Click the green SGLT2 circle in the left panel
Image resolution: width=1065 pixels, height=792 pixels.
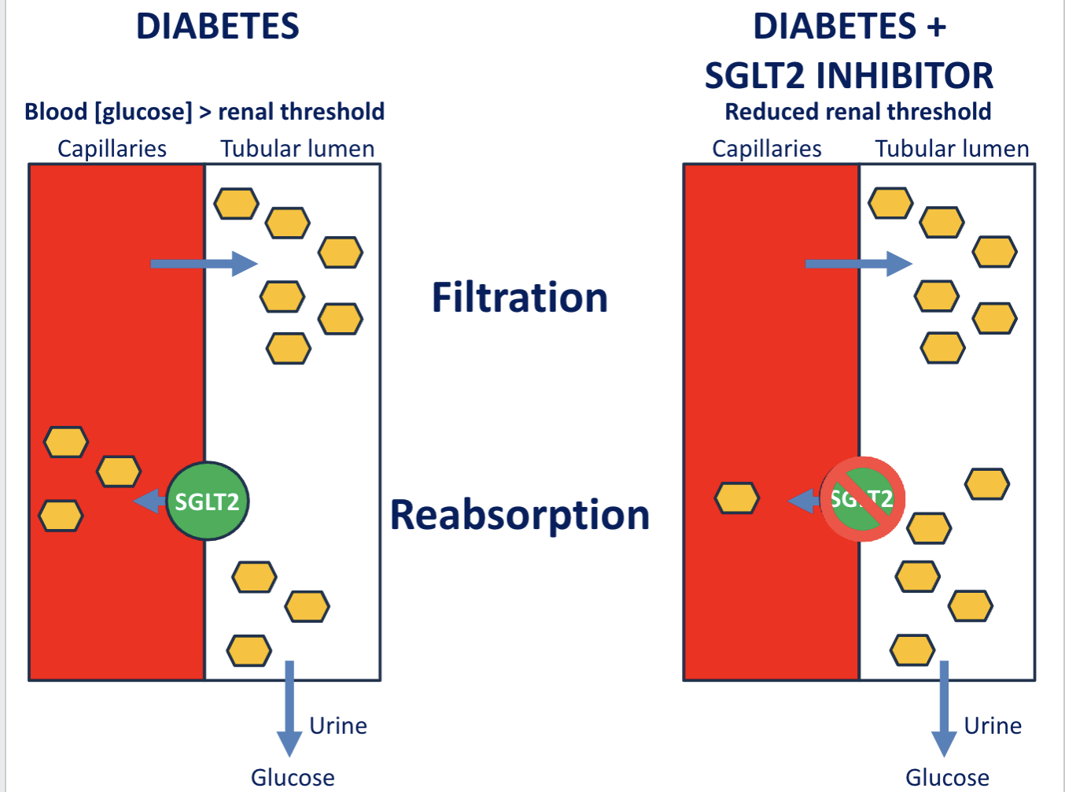coord(208,501)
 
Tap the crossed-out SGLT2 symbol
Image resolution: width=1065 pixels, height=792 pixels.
coord(863,499)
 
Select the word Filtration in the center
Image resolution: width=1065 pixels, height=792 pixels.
coord(520,298)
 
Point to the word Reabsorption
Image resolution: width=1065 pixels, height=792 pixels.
coord(520,515)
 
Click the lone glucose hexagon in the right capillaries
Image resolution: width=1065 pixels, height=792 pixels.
coord(737,498)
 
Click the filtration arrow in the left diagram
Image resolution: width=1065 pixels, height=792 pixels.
coord(204,264)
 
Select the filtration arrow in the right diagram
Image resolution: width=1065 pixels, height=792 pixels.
coord(858,264)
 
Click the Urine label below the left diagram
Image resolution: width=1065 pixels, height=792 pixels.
coord(338,725)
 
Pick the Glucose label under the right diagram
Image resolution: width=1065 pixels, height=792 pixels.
coord(947,778)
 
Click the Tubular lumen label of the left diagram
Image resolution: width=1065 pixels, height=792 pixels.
coord(297,149)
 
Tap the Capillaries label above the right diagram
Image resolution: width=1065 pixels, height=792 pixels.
coord(767,149)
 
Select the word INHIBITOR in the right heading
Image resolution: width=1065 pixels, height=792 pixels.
coord(905,76)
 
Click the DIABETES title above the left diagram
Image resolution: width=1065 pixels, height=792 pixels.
coord(218,27)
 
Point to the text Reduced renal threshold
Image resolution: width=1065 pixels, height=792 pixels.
coord(857,112)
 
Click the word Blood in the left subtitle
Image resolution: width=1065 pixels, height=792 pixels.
coord(56,112)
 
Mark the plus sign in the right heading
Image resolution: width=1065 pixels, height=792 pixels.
coord(936,28)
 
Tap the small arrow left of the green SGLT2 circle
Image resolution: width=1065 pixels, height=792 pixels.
coord(149,501)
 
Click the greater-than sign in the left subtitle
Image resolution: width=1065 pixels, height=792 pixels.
coord(205,113)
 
